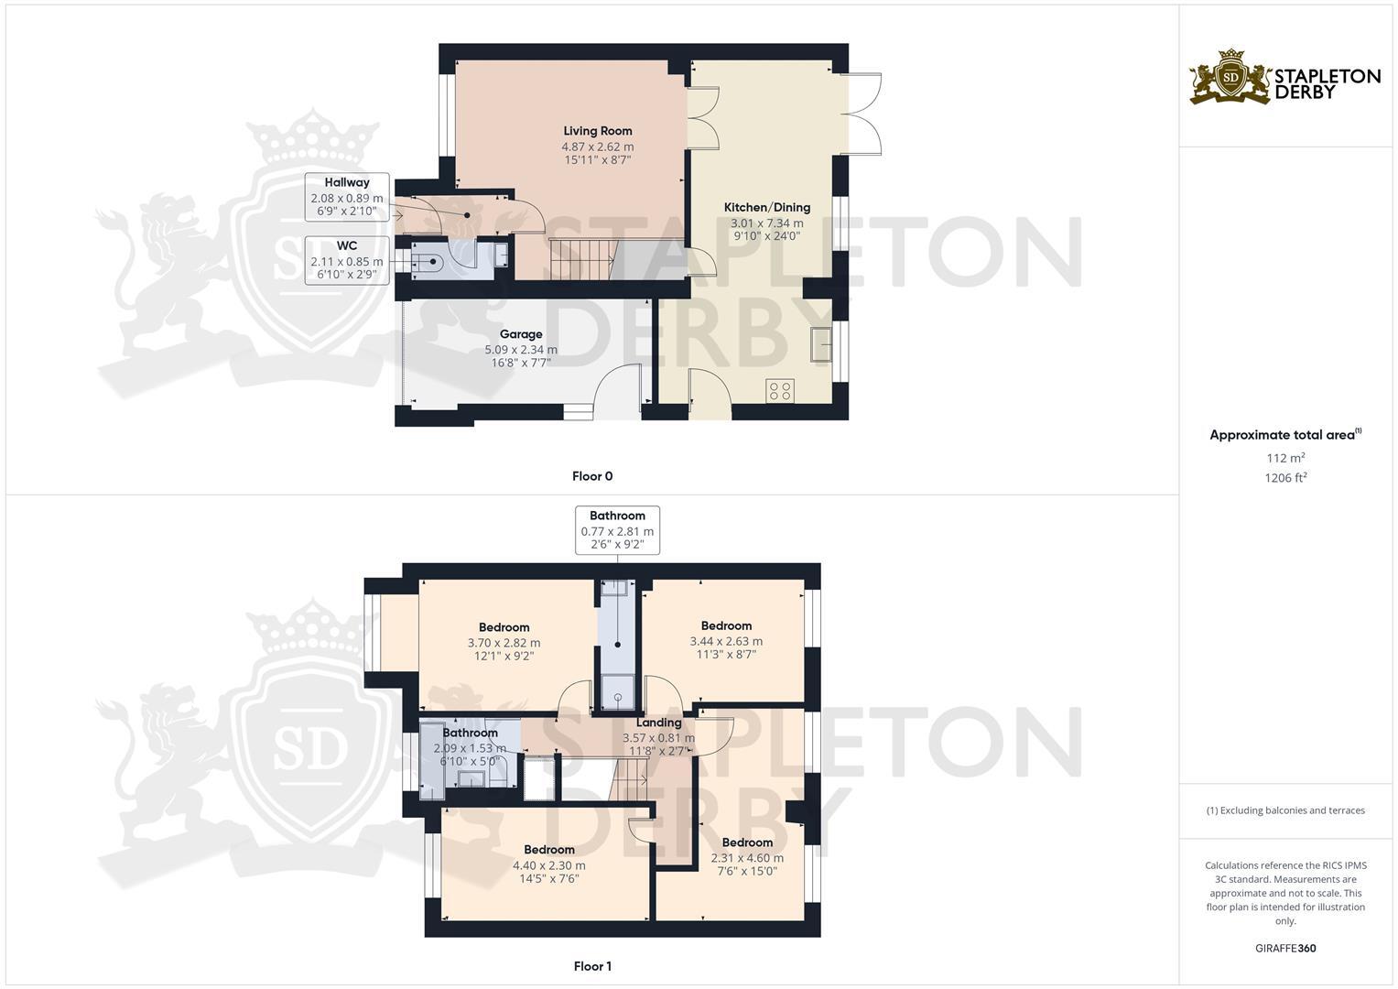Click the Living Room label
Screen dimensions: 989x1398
pyautogui.click(x=597, y=131)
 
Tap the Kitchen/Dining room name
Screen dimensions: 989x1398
pyautogui.click(x=766, y=208)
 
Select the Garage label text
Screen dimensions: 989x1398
pyautogui.click(x=520, y=334)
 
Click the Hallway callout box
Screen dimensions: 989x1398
pyautogui.click(x=346, y=197)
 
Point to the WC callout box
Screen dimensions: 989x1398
pyautogui.click(x=346, y=260)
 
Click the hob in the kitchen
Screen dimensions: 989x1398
pyautogui.click(x=780, y=391)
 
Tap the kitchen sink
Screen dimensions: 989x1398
pyautogui.click(x=820, y=344)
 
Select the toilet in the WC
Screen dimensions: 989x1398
pyautogui.click(x=430, y=264)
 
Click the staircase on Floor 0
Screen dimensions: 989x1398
pyautogui.click(x=581, y=260)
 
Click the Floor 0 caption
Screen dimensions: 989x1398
pyautogui.click(x=591, y=476)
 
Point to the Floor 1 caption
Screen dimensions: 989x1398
pyautogui.click(x=591, y=966)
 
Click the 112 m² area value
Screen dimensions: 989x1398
pyautogui.click(x=1285, y=458)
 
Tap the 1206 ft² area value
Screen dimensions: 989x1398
pyautogui.click(x=1285, y=477)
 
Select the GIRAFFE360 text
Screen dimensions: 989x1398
pyautogui.click(x=1285, y=949)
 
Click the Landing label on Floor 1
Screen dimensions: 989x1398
pyautogui.click(x=658, y=723)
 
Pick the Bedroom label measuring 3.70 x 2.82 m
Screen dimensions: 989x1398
pyautogui.click(x=504, y=627)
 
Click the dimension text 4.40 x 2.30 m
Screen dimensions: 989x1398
pyautogui.click(x=548, y=865)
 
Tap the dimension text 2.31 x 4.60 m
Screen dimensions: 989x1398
pyautogui.click(x=747, y=858)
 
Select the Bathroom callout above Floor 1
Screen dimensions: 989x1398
pyautogui.click(x=617, y=530)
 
